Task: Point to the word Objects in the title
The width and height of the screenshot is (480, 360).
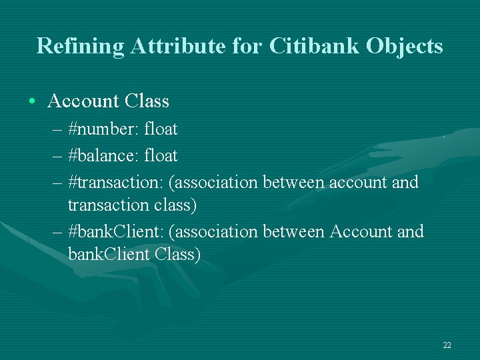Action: [x=407, y=46]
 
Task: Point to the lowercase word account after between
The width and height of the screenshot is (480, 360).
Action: [x=353, y=182]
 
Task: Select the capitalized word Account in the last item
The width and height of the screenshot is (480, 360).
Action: [x=359, y=232]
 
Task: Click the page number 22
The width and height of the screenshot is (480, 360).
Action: [x=447, y=345]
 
